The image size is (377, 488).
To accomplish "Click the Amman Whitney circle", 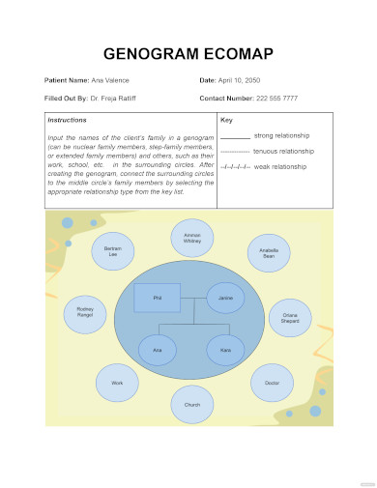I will (191, 238).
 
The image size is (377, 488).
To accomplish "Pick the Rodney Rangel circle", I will (84, 312).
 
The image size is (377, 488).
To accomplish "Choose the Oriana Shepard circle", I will (290, 317).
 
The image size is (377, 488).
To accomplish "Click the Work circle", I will (117, 383).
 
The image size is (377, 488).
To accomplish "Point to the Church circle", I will (192, 405).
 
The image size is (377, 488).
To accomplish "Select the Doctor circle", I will (272, 383).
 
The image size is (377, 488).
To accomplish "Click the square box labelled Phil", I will (157, 299).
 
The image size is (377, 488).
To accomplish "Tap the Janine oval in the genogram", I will (226, 299).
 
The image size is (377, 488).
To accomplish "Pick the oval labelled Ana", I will (158, 349).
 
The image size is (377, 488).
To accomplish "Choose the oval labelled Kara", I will (225, 349).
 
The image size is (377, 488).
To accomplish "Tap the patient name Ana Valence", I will (110, 79).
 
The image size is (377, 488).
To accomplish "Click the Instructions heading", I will (67, 121).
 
